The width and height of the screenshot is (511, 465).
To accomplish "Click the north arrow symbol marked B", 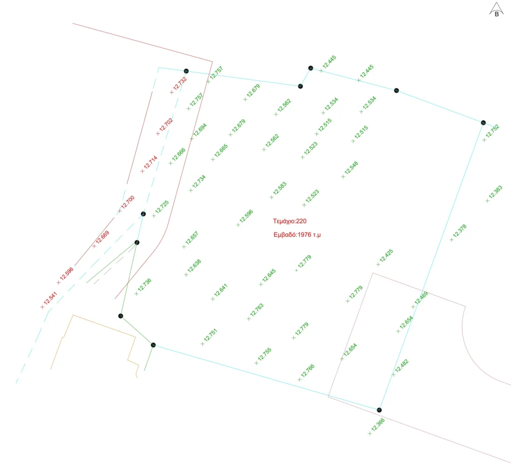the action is [497, 9].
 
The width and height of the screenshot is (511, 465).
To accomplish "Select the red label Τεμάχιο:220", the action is [290, 221].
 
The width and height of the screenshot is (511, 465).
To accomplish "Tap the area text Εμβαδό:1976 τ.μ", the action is [297, 234].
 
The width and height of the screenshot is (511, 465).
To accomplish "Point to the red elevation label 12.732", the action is [180, 83].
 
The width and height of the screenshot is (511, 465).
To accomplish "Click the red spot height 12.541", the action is [50, 298].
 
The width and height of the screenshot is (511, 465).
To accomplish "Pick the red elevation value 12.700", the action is [128, 202].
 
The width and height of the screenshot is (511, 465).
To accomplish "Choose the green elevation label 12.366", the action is [378, 425].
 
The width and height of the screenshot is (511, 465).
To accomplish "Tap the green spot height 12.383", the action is [496, 192].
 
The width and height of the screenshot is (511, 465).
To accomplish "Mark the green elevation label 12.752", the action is [493, 131].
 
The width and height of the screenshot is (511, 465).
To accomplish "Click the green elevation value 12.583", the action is [279, 189].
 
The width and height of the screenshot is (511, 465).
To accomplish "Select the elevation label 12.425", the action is [386, 256].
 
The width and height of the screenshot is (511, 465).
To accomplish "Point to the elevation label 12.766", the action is [307, 371].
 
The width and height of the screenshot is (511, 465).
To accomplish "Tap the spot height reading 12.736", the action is [144, 285].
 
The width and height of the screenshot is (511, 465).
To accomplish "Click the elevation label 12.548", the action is [351, 168].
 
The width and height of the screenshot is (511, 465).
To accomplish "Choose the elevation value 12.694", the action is [200, 130].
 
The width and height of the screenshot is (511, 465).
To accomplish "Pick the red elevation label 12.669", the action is [102, 237].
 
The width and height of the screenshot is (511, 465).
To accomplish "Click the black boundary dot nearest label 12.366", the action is [379, 410].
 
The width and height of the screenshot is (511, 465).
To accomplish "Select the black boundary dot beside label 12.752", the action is [483, 123].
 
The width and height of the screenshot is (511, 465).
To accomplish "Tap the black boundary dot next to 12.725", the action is [143, 214].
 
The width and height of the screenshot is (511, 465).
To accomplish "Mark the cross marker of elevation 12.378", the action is [451, 240].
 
